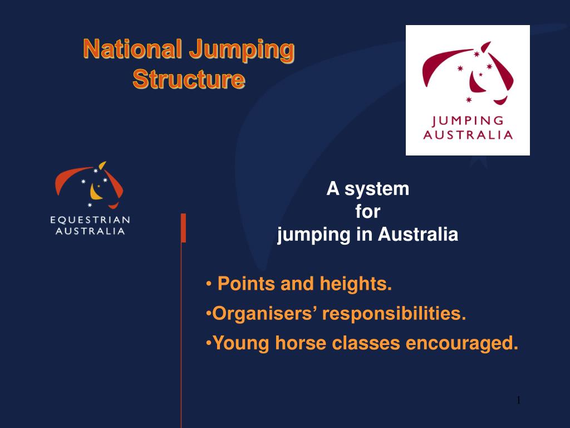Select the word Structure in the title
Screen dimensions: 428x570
(189, 79)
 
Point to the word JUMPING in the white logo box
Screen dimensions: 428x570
(468, 121)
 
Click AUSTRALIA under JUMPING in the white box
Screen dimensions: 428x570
(468, 135)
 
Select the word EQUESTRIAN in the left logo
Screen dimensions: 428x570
(92, 219)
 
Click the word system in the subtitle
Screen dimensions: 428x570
(376, 189)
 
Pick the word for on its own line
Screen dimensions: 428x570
(367, 212)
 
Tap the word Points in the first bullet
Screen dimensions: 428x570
(247, 284)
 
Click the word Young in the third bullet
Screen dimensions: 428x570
(239, 343)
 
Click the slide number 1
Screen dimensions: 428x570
(518, 400)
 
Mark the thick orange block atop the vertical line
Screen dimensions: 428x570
(183, 227)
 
